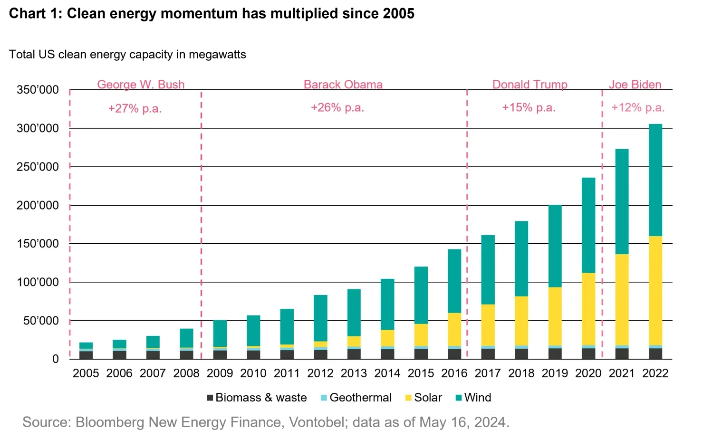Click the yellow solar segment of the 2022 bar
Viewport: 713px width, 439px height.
tap(655, 290)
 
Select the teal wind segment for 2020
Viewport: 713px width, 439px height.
tap(588, 225)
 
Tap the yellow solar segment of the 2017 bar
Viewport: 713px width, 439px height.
tap(488, 325)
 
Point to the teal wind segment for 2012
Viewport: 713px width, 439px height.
tap(320, 318)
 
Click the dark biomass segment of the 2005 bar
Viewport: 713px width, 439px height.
tap(86, 355)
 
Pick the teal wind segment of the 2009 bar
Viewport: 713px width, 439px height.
tap(220, 334)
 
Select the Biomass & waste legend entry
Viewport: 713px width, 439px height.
tap(257, 398)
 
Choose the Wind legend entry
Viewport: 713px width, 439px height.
tap(473, 398)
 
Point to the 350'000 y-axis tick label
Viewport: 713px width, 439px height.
tap(38, 90)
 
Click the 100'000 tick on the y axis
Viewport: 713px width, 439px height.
tap(38, 282)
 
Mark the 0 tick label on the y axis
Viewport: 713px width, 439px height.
tap(56, 359)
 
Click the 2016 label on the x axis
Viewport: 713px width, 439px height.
tap(454, 373)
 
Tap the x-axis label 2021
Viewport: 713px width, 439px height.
tap(622, 373)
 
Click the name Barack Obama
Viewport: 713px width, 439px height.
tap(343, 85)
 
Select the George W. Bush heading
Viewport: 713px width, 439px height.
tap(141, 85)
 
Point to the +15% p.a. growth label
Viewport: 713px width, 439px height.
tap(529, 108)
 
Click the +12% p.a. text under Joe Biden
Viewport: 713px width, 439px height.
tap(637, 108)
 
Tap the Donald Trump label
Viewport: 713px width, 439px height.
tap(530, 85)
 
